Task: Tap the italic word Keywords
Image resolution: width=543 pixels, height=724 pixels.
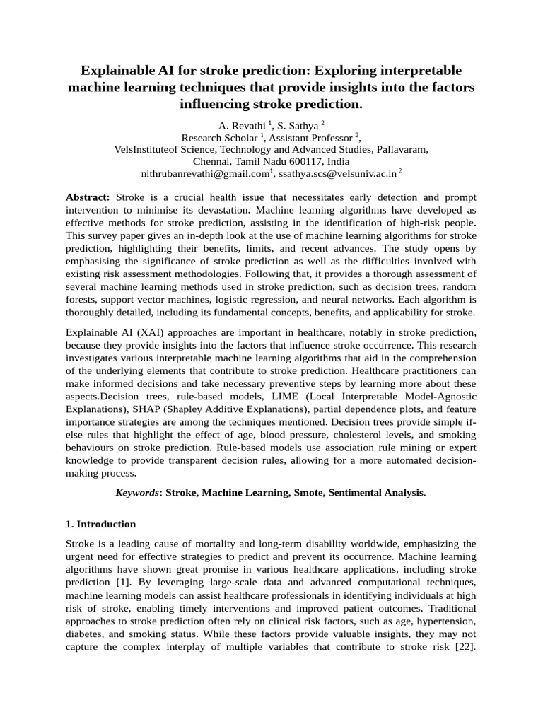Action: tap(137, 492)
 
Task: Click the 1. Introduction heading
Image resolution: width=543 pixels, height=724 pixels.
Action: tap(100, 525)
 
